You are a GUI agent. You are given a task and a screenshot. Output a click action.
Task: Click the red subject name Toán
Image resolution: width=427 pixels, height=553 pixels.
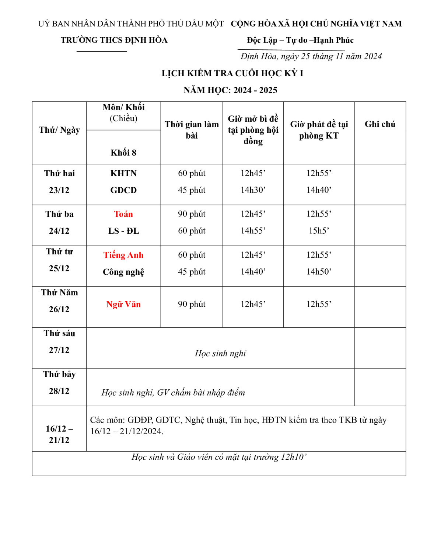[123, 214]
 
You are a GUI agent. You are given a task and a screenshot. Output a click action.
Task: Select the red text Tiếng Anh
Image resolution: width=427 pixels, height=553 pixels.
[123, 255]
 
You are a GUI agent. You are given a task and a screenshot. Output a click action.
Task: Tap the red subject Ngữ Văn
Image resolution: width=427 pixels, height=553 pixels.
[123, 305]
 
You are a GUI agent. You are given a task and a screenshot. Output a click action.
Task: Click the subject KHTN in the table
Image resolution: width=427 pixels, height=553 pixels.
[123, 173]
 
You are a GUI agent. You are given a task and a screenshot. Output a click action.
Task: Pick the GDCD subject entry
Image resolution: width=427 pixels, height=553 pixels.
[123, 190]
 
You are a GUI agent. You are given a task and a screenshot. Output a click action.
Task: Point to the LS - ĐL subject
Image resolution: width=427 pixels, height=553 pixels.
[123, 231]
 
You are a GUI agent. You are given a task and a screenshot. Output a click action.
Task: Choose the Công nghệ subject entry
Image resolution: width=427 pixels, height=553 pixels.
[123, 272]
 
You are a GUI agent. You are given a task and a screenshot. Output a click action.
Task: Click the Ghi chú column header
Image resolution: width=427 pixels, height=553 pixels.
[379, 124]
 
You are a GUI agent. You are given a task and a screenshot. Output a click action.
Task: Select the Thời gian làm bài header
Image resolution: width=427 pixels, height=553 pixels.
[192, 130]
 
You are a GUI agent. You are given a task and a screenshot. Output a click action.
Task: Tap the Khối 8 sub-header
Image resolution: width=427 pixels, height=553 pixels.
[123, 153]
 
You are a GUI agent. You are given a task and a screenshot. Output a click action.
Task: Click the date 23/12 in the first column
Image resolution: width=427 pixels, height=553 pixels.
[59, 190]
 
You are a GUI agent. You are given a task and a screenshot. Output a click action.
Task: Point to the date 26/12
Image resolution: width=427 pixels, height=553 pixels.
[59, 309]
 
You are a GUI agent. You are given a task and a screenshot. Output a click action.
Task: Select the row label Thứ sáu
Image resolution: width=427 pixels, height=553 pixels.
[59, 333]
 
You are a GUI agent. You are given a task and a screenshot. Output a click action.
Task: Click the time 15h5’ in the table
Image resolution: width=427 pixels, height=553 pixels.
[319, 231]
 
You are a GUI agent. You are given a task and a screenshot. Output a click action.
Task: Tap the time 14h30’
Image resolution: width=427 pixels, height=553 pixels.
[253, 190]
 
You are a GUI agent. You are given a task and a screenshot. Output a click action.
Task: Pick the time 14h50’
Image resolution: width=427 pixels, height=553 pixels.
[319, 272]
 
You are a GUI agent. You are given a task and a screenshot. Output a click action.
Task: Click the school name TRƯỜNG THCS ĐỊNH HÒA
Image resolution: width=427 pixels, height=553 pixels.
[114, 40]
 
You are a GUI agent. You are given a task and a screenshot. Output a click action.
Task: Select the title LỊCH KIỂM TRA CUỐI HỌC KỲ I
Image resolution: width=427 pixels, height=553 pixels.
[232, 73]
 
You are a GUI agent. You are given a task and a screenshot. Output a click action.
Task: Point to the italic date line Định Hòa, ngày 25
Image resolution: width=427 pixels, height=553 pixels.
[311, 56]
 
